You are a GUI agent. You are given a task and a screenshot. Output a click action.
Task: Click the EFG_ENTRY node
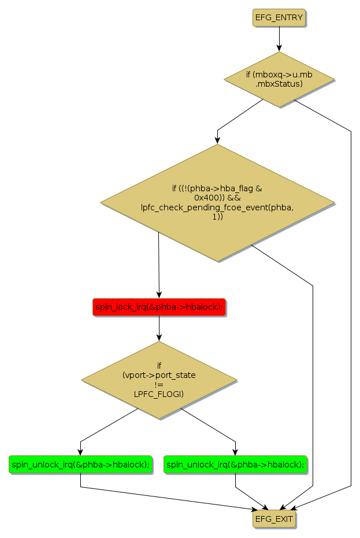pyautogui.click(x=279, y=17)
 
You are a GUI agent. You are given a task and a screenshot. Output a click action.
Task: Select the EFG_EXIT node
pyautogui.click(x=274, y=519)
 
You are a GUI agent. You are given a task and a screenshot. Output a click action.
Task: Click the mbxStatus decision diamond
pyautogui.click(x=279, y=79)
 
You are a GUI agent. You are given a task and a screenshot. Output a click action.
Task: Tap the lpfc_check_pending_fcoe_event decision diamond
pyautogui.click(x=217, y=202)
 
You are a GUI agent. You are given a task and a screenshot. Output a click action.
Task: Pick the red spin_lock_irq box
pyautogui.click(x=159, y=307)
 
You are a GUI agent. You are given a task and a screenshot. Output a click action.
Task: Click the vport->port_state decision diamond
pyautogui.click(x=159, y=380)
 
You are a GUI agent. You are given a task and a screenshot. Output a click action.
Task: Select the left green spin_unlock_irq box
pyautogui.click(x=80, y=464)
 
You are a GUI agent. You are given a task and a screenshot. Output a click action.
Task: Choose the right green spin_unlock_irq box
pyautogui.click(x=235, y=464)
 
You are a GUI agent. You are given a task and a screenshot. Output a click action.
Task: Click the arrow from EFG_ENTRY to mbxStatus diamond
pyautogui.click(x=279, y=39)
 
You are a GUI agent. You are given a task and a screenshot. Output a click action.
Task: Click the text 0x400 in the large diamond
pyautogui.click(x=205, y=197)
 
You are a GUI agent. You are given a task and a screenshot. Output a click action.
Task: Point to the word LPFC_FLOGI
pyautogui.click(x=159, y=395)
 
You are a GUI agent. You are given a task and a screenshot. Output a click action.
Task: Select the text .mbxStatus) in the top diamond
pyautogui.click(x=279, y=84)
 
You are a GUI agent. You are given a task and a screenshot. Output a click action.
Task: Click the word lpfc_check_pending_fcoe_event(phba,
pyautogui.click(x=217, y=207)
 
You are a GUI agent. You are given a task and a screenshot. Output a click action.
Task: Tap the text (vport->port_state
pyautogui.click(x=159, y=374)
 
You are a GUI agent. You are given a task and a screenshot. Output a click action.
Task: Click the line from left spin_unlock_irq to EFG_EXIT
pyautogui.click(x=168, y=498)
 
